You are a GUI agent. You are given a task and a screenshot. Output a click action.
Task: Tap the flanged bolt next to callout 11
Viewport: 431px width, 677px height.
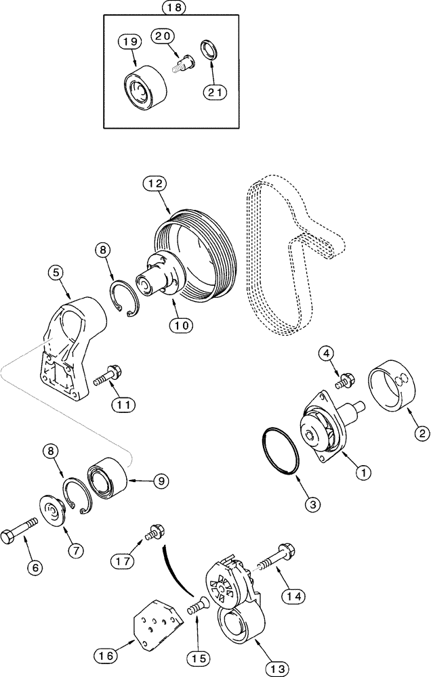coord(106,374)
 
